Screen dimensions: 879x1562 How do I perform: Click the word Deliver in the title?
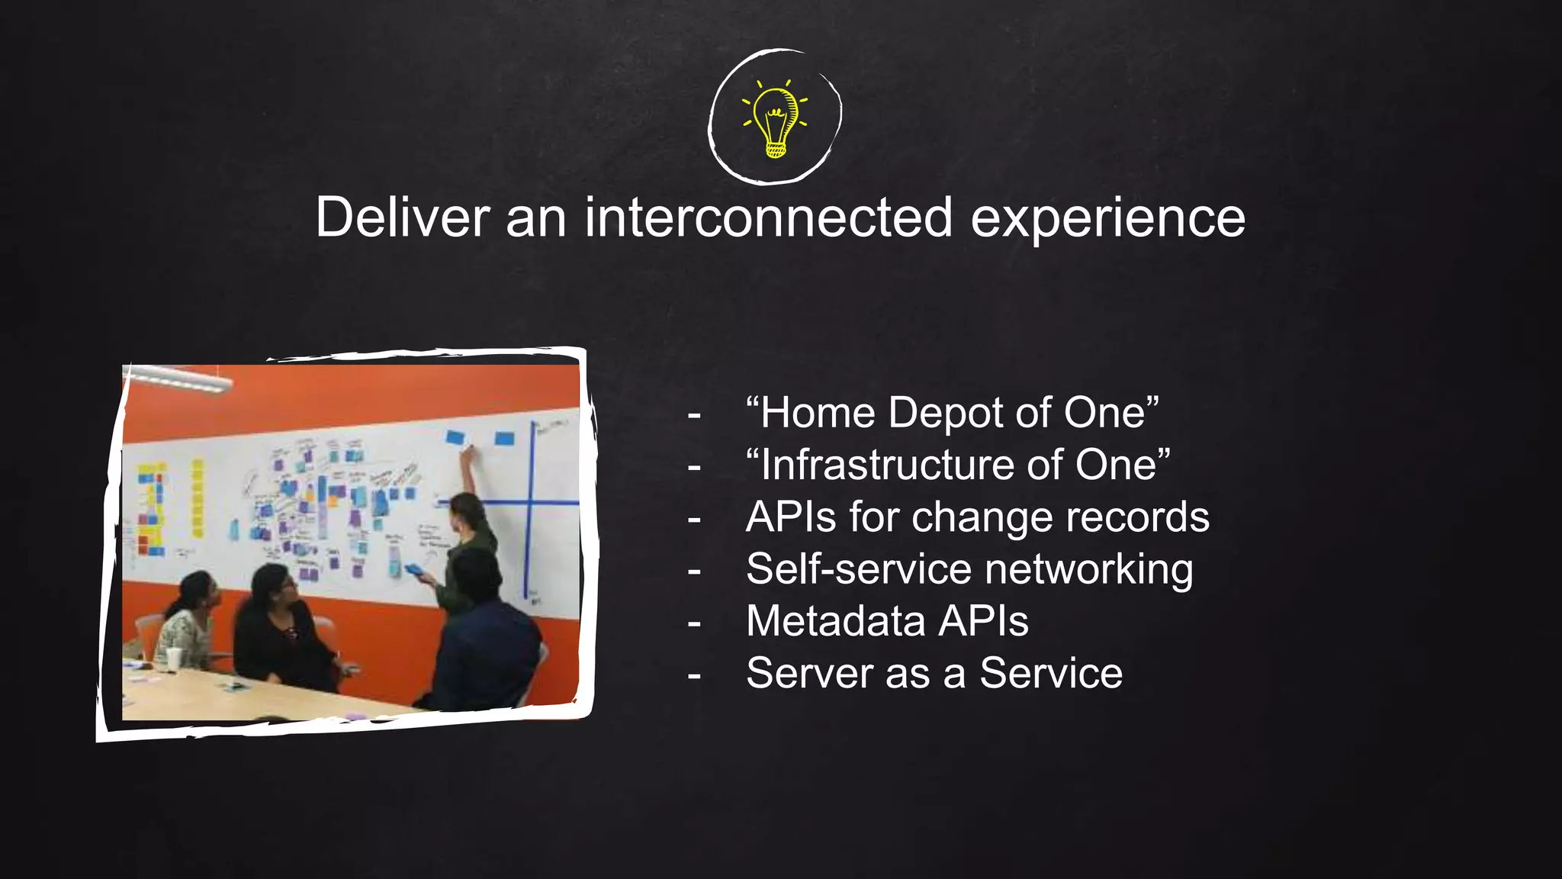(402, 217)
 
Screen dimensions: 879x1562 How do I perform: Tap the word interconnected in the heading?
(768, 217)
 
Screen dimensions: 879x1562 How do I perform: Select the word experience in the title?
(1107, 219)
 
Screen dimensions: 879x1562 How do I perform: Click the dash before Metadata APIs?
(694, 623)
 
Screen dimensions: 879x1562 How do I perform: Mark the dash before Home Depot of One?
(694, 415)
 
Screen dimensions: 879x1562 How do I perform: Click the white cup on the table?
(174, 660)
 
